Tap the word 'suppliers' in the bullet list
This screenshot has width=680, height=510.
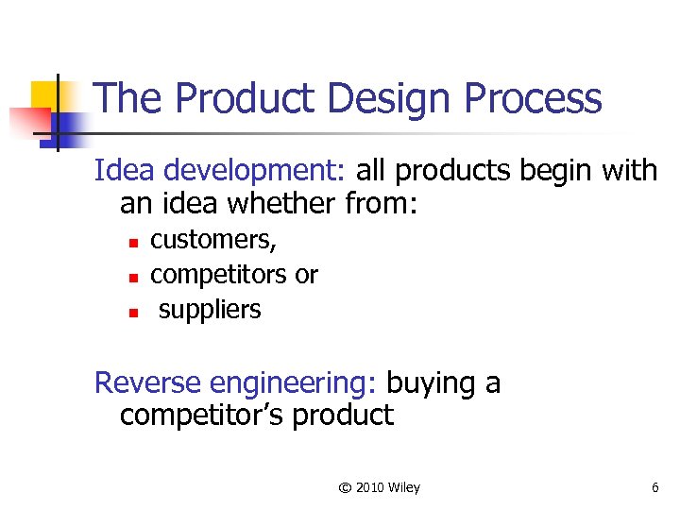tap(210, 310)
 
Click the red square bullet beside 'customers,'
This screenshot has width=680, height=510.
tap(134, 244)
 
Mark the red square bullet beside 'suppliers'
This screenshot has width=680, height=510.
tap(134, 311)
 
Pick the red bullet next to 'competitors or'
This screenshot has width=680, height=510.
tap(134, 278)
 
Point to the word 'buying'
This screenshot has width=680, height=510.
tap(431, 383)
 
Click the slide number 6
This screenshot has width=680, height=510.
tap(654, 488)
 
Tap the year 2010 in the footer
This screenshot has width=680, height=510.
tap(370, 488)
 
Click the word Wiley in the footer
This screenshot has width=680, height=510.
tap(404, 488)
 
